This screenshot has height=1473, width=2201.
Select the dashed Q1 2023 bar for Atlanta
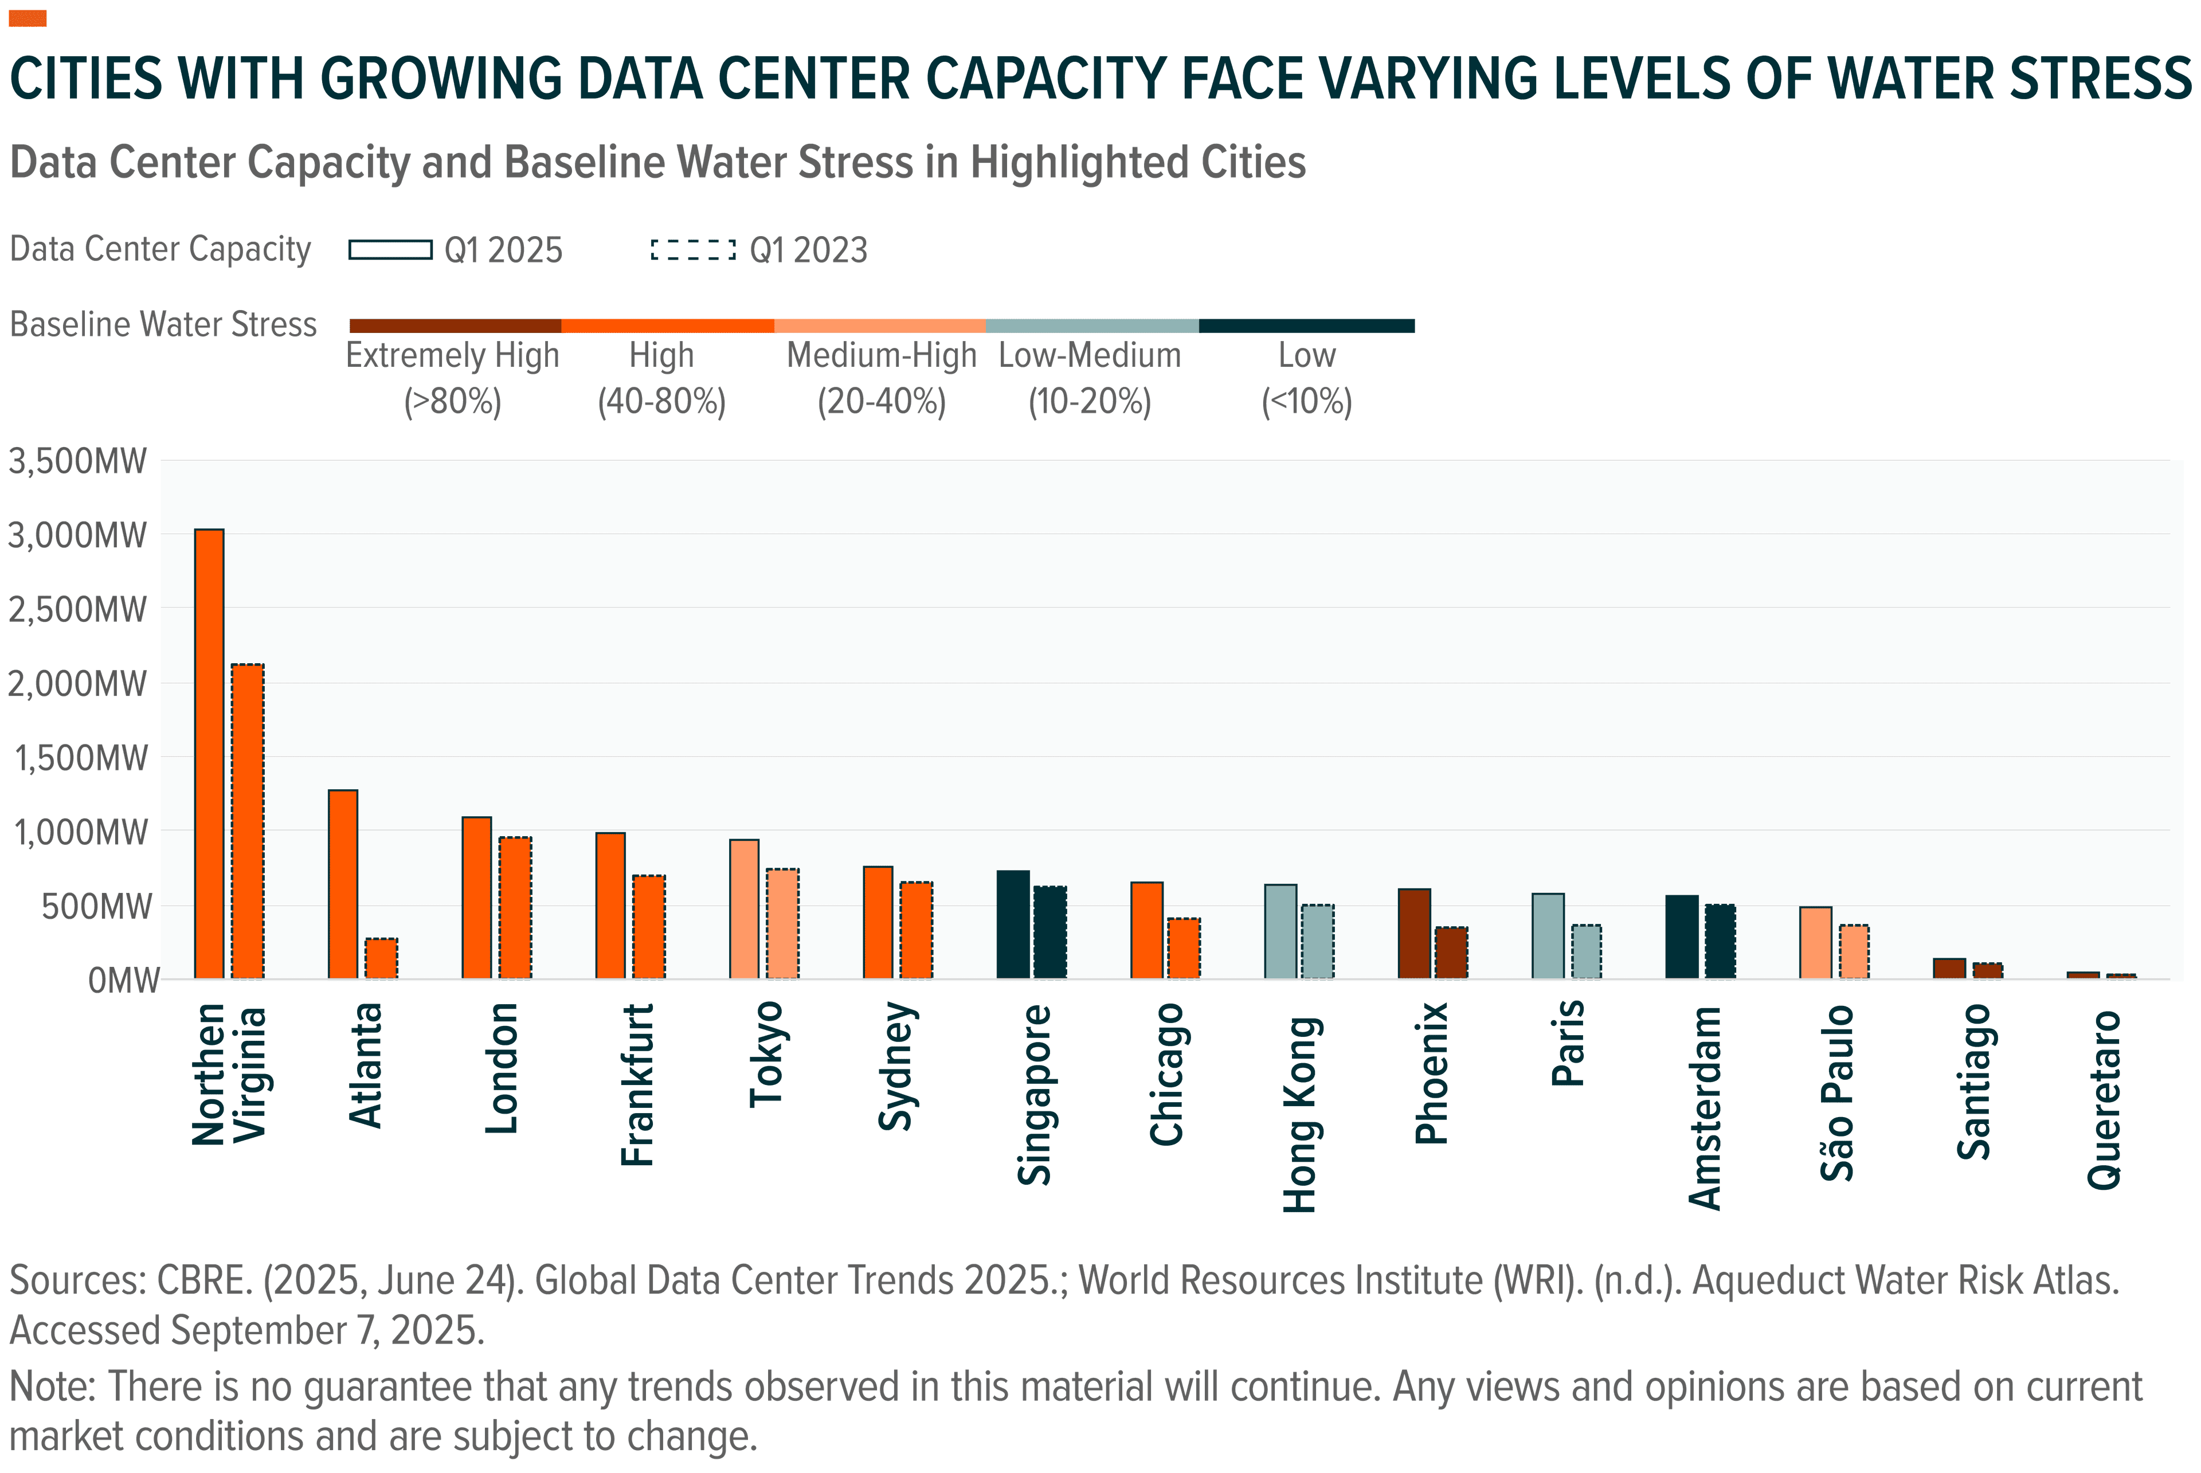click(381, 958)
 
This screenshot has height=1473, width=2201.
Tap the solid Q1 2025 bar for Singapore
click(1013, 924)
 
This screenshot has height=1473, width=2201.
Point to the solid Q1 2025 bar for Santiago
click(1949, 969)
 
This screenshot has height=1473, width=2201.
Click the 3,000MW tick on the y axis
click(78, 535)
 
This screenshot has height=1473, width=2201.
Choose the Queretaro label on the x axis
click(2104, 1099)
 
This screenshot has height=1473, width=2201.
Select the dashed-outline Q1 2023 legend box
click(694, 250)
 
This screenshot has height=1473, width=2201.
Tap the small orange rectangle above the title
click(28, 18)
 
